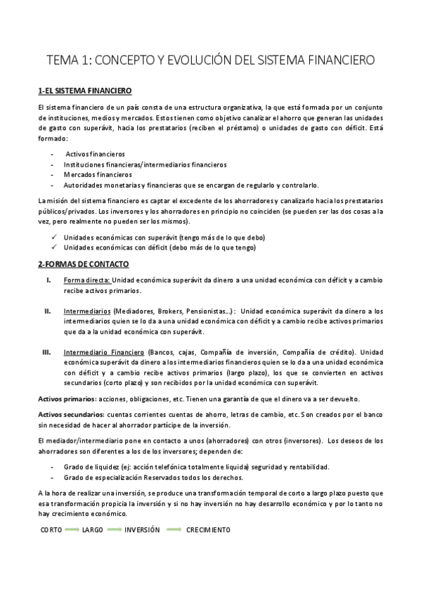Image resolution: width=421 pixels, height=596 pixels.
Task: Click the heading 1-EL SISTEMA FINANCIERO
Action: (x=85, y=91)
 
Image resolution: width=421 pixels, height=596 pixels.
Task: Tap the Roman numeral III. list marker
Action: (x=46, y=351)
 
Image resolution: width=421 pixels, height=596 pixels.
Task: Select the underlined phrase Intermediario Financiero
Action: (x=103, y=351)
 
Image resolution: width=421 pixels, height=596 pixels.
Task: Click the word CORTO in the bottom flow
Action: (x=51, y=529)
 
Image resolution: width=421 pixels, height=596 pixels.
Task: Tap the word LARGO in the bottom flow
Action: (x=92, y=529)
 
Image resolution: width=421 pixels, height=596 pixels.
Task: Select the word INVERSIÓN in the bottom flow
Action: (x=142, y=529)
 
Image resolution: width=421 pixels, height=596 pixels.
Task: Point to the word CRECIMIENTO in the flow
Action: (x=207, y=529)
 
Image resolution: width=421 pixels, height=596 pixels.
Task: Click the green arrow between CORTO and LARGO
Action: (x=71, y=529)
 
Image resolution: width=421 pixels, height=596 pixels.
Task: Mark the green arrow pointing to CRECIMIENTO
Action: (x=174, y=529)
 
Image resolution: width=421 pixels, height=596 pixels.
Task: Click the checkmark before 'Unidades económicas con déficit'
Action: (x=54, y=247)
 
